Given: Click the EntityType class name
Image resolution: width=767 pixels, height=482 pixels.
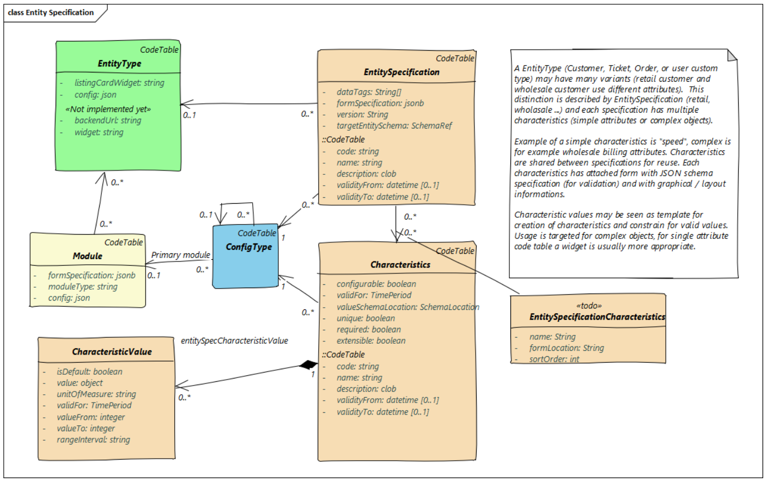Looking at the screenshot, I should click(119, 64).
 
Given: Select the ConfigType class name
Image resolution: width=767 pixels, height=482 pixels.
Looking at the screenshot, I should click(248, 247).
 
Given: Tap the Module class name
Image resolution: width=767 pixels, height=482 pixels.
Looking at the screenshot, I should click(87, 256).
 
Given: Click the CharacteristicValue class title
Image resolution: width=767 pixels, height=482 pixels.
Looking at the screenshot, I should click(112, 352).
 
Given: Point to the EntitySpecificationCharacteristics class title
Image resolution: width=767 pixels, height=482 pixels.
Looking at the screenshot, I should click(597, 316).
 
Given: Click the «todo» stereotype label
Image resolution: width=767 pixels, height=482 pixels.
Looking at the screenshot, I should click(588, 306).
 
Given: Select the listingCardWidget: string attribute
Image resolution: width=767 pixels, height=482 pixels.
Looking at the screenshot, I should click(119, 83).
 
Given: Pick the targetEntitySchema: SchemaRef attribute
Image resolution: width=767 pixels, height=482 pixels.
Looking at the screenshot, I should click(394, 126).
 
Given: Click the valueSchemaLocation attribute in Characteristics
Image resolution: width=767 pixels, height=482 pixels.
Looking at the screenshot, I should click(407, 307).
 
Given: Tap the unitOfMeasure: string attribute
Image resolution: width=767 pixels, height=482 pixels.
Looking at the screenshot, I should click(96, 394).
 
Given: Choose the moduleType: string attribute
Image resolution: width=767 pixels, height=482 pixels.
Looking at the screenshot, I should click(82, 286).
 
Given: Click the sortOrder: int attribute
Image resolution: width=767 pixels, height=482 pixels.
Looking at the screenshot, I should click(553, 359).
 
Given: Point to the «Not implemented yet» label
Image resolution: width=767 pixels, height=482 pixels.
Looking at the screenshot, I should click(108, 109).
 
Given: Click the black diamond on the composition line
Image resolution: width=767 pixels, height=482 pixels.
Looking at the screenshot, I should click(308, 365).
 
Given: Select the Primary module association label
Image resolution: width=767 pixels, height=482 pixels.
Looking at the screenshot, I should click(180, 255).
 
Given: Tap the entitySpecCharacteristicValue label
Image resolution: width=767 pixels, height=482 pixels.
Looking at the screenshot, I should click(234, 341).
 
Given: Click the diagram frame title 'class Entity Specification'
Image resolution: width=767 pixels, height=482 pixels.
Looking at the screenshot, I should click(51, 13).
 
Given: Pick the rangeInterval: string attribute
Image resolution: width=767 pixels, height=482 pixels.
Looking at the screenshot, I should click(93, 440).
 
